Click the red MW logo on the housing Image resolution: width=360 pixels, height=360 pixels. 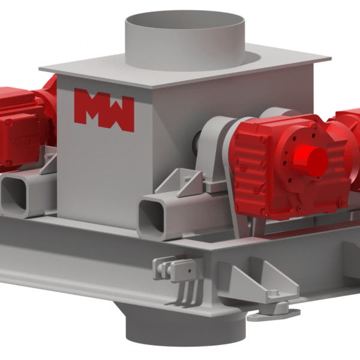pyautogui.click(x=104, y=110)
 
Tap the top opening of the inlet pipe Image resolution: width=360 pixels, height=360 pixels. pyautogui.click(x=185, y=20)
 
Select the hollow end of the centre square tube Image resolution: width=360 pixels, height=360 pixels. pyautogui.click(x=152, y=216)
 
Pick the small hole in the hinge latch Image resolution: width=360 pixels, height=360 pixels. pyautogui.click(x=190, y=271)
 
